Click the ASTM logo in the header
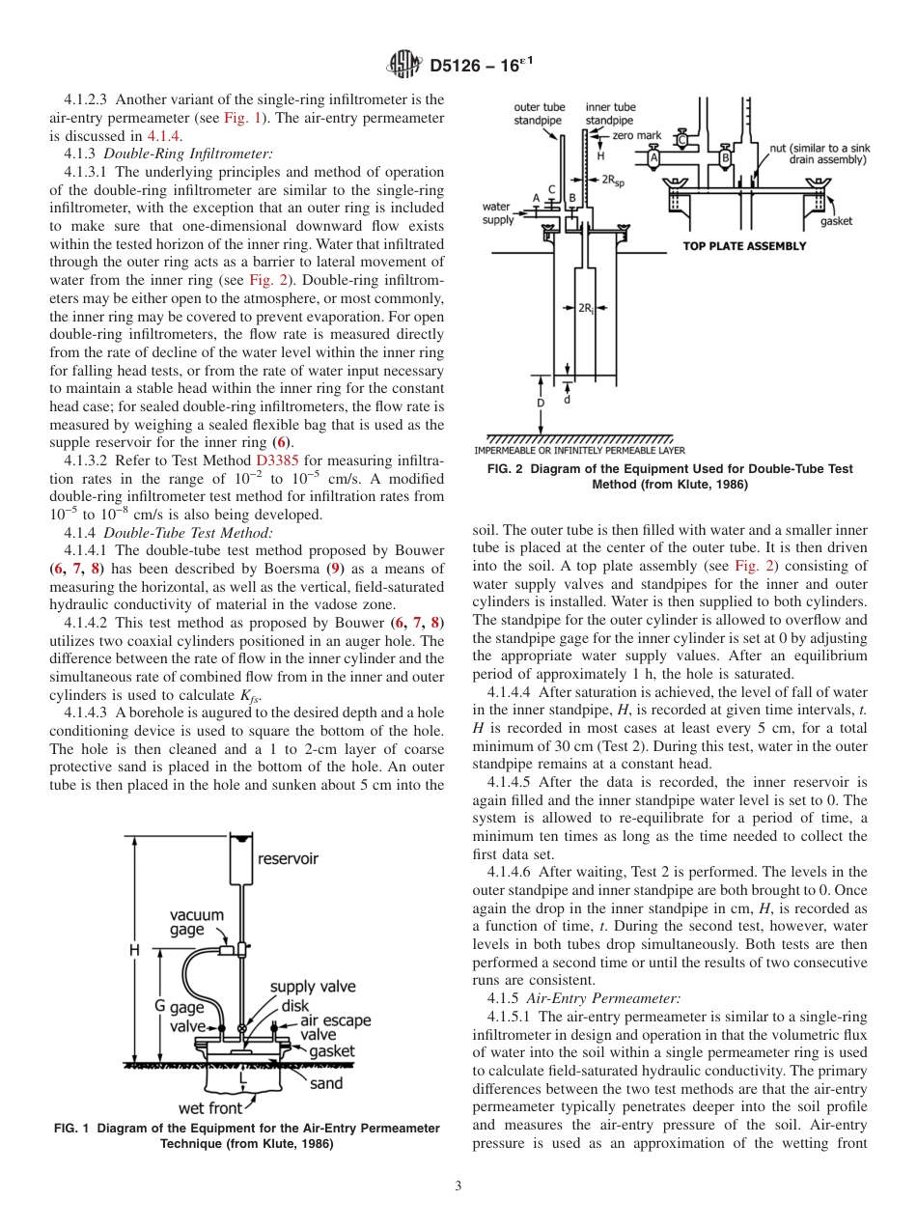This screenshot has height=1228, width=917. coord(403,65)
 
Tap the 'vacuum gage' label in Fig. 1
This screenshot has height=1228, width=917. coord(197,922)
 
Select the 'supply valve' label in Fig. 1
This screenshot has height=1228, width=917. coord(312,987)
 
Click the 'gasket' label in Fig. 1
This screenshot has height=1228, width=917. coord(332,1051)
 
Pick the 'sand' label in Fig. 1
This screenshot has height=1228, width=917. coord(325,1083)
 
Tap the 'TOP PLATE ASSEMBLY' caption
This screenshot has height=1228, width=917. coord(744,246)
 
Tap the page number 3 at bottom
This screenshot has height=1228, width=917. coord(458,1186)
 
